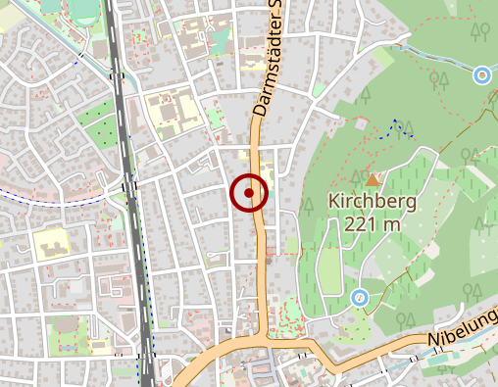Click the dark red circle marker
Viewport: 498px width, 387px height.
(249, 193)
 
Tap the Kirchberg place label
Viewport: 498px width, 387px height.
(373, 203)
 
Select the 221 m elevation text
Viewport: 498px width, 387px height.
(373, 223)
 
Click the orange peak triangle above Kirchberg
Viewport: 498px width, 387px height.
(373, 180)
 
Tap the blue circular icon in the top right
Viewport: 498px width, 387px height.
(481, 74)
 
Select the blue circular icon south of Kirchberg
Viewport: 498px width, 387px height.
(360, 297)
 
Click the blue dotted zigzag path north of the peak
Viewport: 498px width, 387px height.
(399, 126)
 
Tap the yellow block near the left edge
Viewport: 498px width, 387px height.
(49, 242)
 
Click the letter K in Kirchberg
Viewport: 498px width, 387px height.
(333, 203)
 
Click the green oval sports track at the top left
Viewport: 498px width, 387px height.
(84, 9)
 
